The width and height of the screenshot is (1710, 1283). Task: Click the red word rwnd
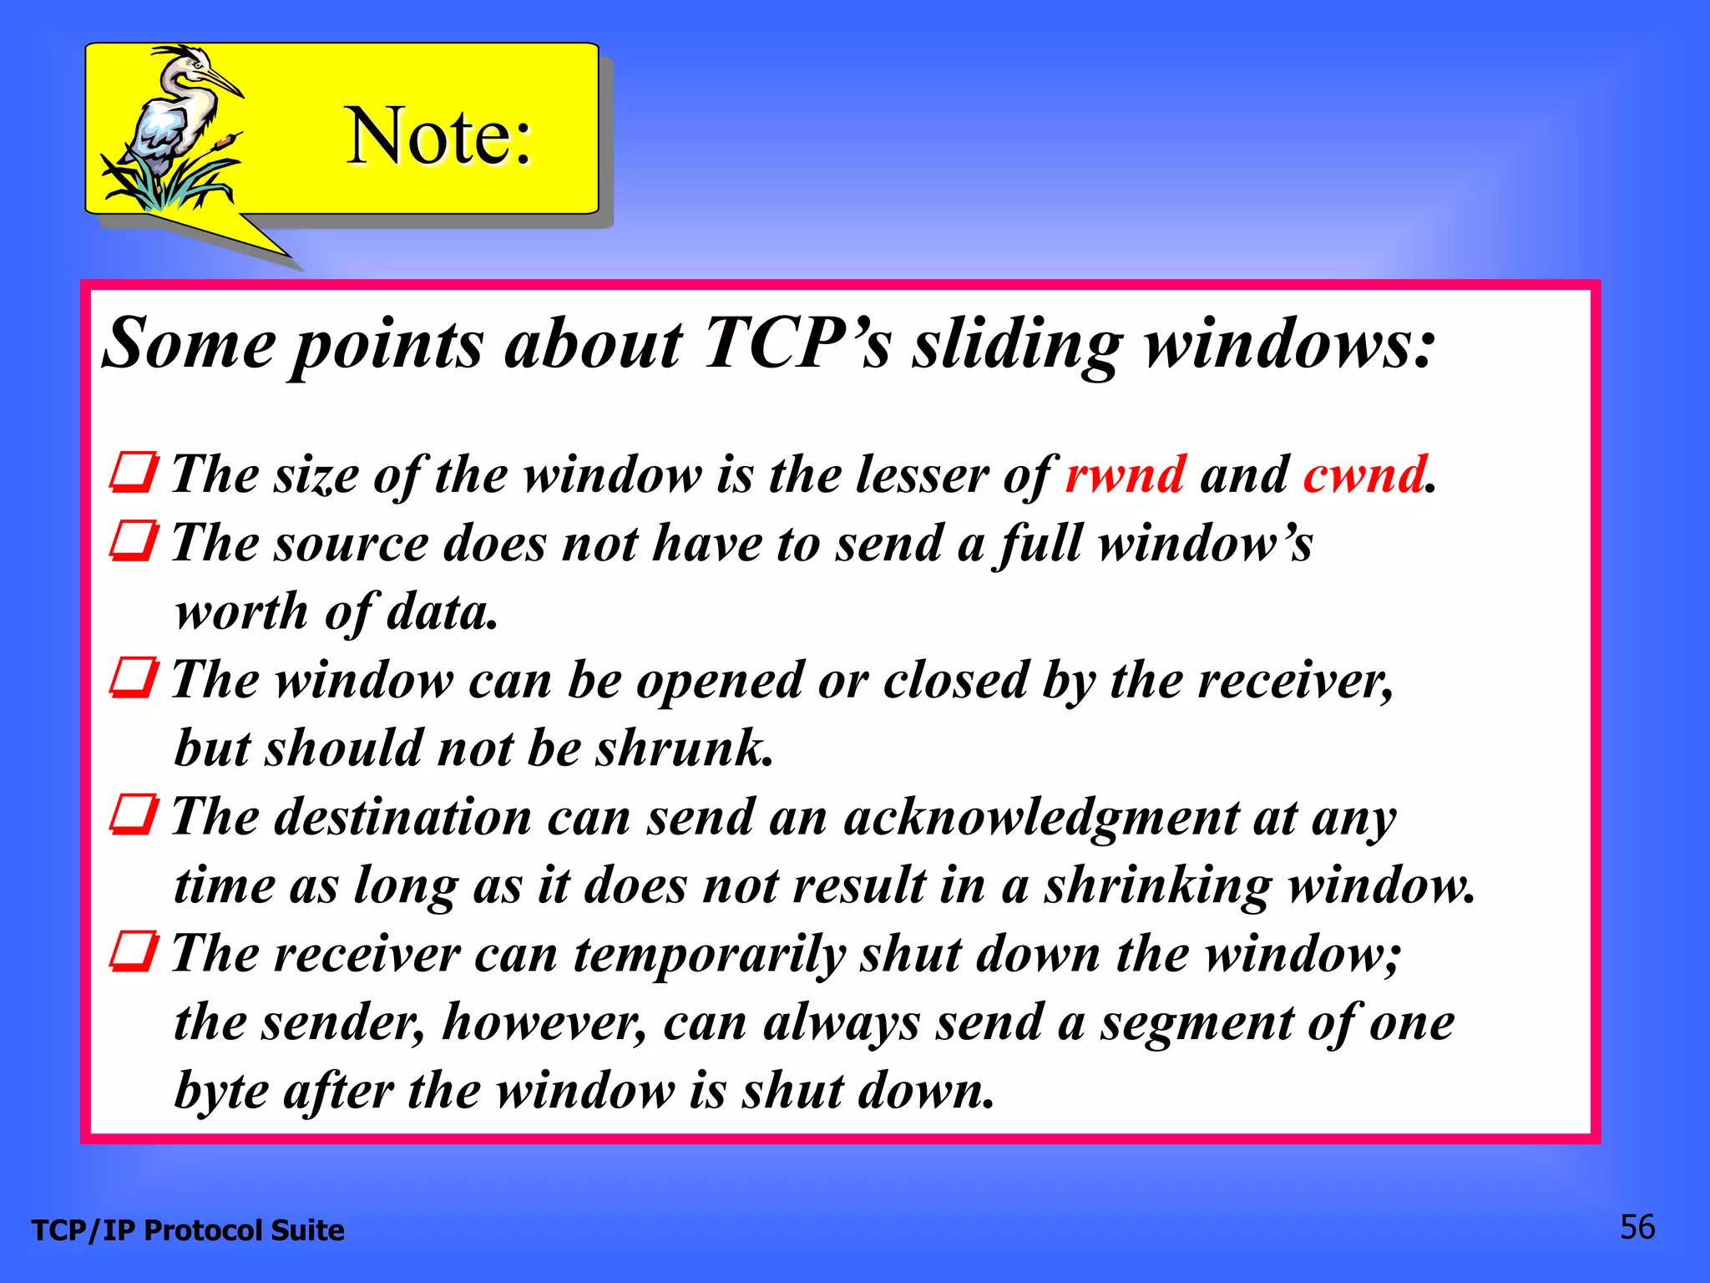(x=1125, y=474)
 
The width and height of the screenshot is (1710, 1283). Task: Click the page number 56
(x=1637, y=1227)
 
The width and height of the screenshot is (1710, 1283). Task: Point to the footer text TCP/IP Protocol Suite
(x=188, y=1230)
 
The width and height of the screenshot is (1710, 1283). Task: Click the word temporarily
(x=710, y=954)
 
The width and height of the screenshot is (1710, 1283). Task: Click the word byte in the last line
(x=221, y=1091)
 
